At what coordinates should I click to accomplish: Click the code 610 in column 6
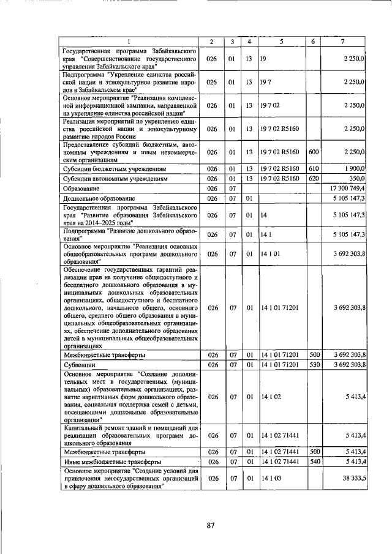pos(314,168)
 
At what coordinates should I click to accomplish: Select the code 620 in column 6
pos(314,178)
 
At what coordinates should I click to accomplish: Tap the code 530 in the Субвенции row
pos(314,365)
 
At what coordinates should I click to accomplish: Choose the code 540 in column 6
pos(314,461)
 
